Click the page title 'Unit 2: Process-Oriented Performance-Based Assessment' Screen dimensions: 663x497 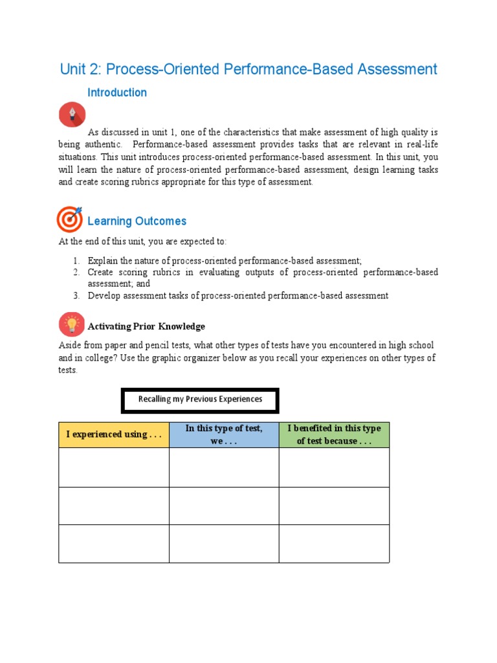tap(248, 69)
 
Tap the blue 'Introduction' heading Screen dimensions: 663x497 tap(117, 93)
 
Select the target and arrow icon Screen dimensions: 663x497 tap(70, 219)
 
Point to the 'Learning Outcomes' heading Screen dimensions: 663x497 tap(137, 221)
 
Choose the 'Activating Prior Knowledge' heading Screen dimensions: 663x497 tap(146, 326)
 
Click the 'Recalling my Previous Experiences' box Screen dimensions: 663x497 tap(200, 400)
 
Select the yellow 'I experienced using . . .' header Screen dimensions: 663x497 tap(113, 434)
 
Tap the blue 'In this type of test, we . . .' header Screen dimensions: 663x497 tap(224, 434)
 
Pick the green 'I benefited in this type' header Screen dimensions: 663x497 tap(334, 434)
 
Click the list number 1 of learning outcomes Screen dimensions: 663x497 tap(76, 260)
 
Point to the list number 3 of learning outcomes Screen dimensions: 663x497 tap(76, 296)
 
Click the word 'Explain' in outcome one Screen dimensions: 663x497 tap(102, 260)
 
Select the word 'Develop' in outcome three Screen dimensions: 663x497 tap(104, 296)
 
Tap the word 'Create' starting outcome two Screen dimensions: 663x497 tap(100, 273)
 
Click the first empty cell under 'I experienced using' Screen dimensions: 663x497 tap(113, 467)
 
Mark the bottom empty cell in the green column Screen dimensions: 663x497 tap(334, 543)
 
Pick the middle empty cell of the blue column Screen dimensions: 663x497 tap(224, 506)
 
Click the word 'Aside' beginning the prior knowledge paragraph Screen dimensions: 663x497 tap(70, 346)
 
